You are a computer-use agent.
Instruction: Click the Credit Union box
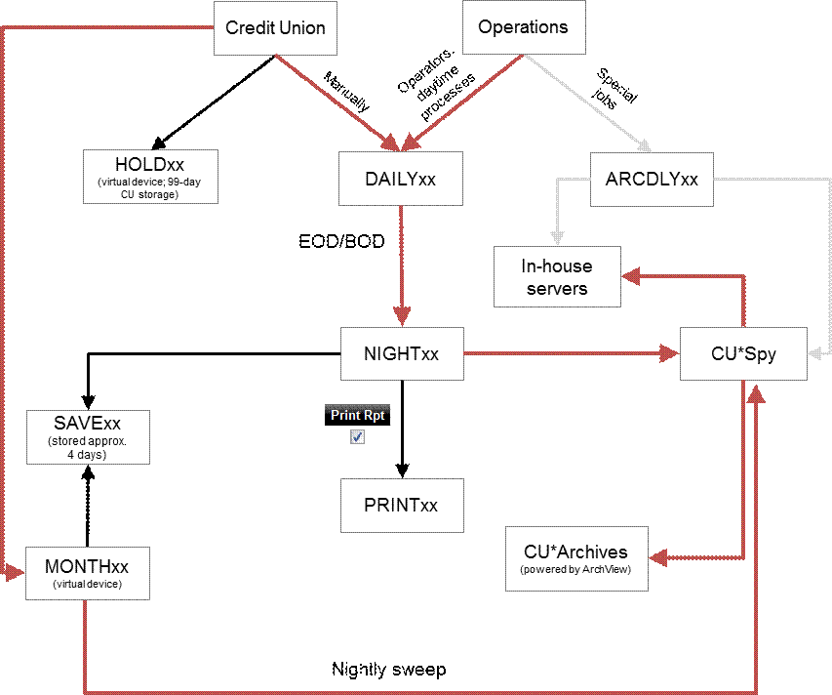pos(274,27)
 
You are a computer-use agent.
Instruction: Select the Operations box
pos(523,27)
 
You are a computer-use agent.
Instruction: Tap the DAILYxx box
pos(400,179)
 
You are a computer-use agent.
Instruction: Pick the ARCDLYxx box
pos(652,179)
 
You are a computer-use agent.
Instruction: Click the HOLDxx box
pos(149,176)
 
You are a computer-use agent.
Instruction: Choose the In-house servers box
pos(556,276)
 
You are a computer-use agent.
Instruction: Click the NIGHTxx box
pos(401,353)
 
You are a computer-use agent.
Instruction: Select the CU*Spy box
pos(744,353)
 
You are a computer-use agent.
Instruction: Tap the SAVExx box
pos(88,436)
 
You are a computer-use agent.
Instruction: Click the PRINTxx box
pos(401,505)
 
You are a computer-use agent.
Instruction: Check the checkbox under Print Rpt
pos(357,437)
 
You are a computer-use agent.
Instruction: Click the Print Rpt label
pos(357,415)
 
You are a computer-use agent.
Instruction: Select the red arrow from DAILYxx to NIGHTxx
pos(401,264)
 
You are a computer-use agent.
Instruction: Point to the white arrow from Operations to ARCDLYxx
pos(580,97)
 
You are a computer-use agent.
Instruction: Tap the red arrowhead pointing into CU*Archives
pos(657,558)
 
